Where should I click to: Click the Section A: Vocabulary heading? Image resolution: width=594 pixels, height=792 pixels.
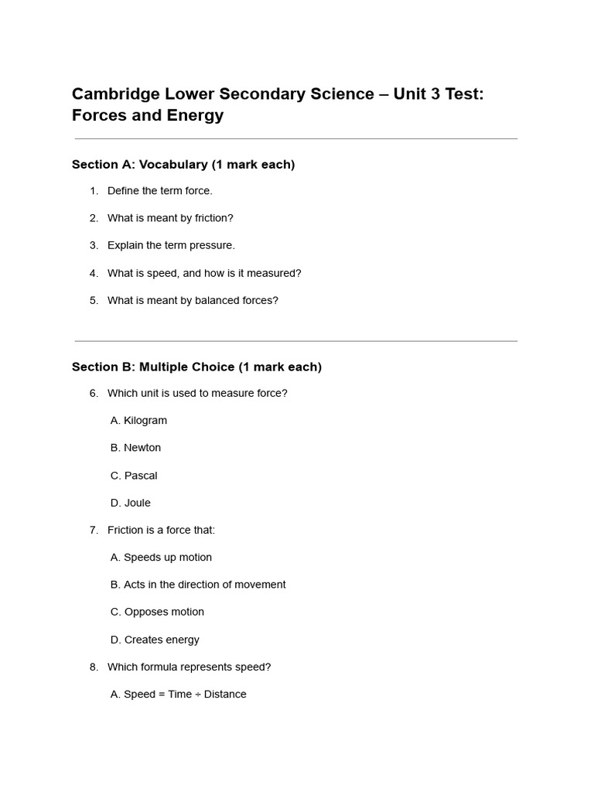pyautogui.click(x=183, y=165)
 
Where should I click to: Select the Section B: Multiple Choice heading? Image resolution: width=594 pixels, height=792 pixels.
pyautogui.click(x=196, y=367)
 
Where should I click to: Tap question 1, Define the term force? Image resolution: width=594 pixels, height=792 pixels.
pyautogui.click(x=159, y=191)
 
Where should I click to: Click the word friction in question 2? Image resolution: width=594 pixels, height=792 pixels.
pyautogui.click(x=212, y=218)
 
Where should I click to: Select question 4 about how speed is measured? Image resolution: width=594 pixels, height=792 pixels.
pyautogui.click(x=204, y=273)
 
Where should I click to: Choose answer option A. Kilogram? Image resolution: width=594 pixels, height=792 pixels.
pyautogui.click(x=138, y=421)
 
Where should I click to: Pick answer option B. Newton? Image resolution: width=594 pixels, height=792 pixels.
pyautogui.click(x=135, y=448)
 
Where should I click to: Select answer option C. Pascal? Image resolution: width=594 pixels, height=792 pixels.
pyautogui.click(x=134, y=476)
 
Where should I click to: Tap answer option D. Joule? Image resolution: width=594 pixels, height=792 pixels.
pyautogui.click(x=131, y=503)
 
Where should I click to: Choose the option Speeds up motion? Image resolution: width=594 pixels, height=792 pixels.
pyautogui.click(x=161, y=558)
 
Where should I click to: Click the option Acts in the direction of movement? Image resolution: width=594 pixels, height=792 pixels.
pyautogui.click(x=198, y=585)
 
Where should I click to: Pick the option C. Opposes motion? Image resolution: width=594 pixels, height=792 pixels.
pyautogui.click(x=157, y=612)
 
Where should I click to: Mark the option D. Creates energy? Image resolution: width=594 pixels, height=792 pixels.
pyautogui.click(x=155, y=640)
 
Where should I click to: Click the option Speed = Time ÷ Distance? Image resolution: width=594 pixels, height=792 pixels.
pyautogui.click(x=179, y=695)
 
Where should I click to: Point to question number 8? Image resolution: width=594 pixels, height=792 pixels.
pyautogui.click(x=94, y=667)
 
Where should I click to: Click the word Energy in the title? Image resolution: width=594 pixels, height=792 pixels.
pyautogui.click(x=196, y=116)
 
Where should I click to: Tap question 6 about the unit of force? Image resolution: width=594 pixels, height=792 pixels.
pyautogui.click(x=197, y=393)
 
